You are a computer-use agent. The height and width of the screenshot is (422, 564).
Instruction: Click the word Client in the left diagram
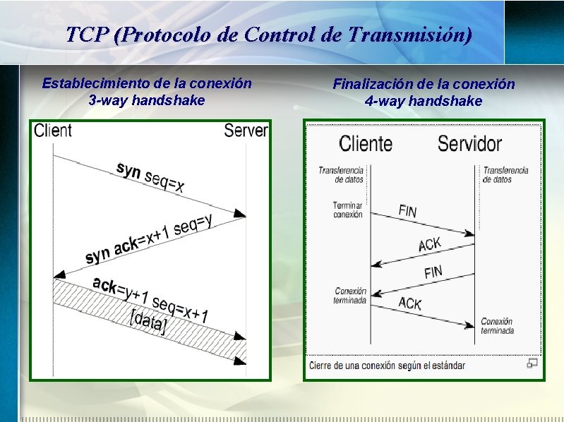pos(52,130)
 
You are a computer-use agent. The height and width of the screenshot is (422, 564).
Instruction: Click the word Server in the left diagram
pos(246,130)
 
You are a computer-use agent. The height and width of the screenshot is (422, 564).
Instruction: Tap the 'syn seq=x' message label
pos(150,178)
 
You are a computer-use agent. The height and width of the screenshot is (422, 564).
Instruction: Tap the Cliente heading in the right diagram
pos(366,144)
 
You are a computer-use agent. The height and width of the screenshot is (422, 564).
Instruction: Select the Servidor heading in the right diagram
pos(469,144)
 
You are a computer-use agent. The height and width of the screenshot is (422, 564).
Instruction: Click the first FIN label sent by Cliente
pos(407,210)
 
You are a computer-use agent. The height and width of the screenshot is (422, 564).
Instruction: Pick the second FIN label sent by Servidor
pos(433,272)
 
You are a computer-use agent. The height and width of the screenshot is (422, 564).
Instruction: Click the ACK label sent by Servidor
pos(430,244)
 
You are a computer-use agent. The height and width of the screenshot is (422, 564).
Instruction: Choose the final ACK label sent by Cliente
pos(410,303)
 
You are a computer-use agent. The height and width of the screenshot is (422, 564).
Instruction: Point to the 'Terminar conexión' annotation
pos(347,210)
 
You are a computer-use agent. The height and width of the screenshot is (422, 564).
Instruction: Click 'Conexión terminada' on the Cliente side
pos(350,295)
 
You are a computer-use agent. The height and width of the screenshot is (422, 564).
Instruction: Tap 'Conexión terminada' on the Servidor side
pos(497,326)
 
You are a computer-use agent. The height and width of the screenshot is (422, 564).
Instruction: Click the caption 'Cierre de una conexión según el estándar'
pos(387,366)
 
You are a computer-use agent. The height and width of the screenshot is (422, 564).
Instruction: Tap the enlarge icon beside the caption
pos(532,363)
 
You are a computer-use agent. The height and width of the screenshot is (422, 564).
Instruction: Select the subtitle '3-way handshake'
pos(147,100)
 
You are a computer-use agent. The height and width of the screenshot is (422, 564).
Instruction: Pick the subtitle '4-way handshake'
pos(424,101)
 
